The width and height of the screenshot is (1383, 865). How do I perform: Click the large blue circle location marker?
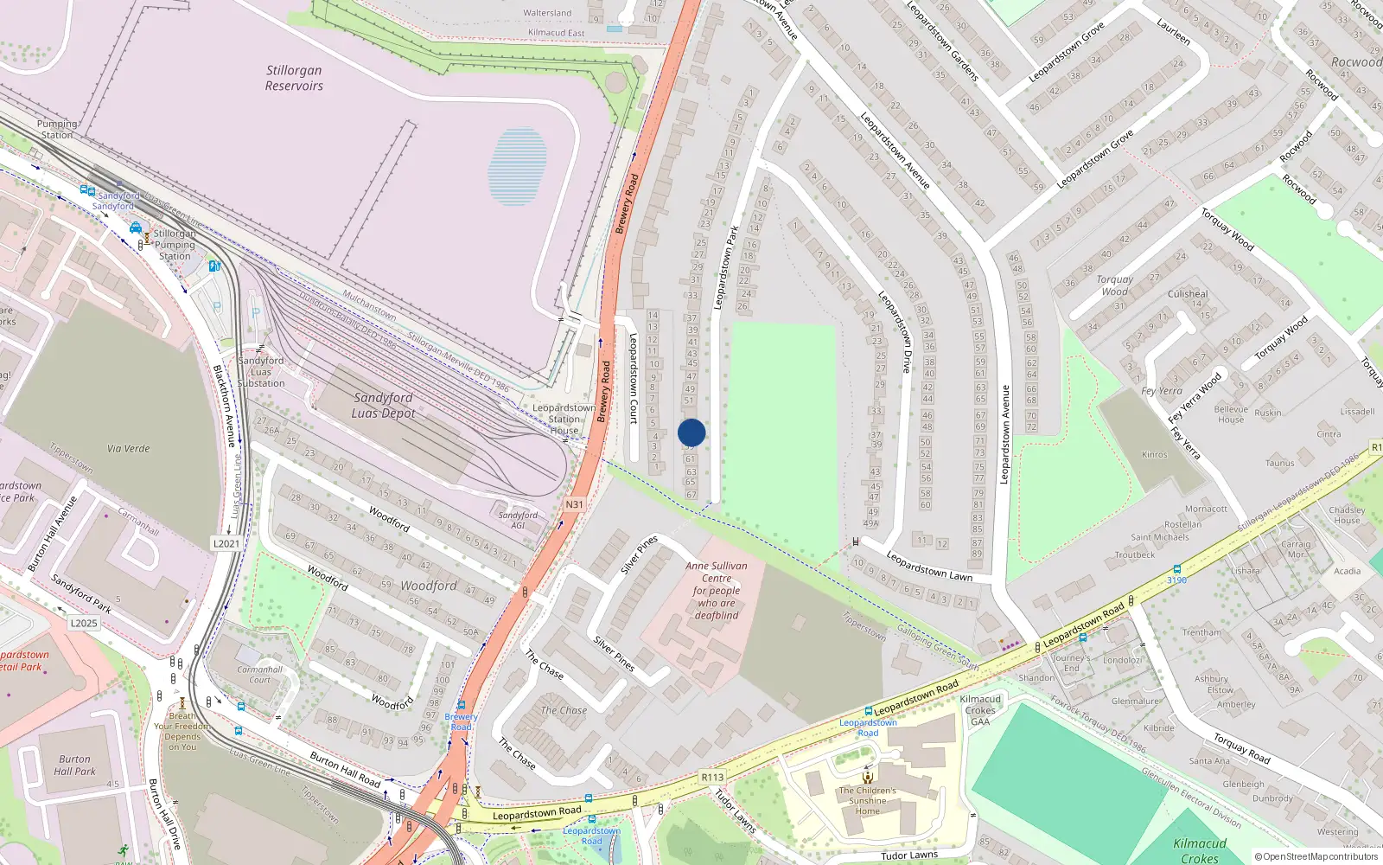(x=691, y=432)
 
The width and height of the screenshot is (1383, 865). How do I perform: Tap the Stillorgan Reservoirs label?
(x=294, y=78)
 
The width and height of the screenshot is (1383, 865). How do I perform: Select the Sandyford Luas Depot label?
(x=383, y=405)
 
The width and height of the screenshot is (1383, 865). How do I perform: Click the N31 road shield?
(x=575, y=504)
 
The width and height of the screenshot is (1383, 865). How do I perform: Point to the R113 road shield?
(x=712, y=777)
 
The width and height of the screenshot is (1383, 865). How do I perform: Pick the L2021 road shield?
(x=226, y=543)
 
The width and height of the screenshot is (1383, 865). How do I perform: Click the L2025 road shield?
(x=84, y=623)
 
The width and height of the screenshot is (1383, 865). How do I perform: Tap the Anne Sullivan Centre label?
(x=717, y=590)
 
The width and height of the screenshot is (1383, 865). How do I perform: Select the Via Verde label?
(x=129, y=448)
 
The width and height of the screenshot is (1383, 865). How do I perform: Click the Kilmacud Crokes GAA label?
(x=980, y=710)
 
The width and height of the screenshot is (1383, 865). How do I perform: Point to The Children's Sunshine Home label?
(x=867, y=800)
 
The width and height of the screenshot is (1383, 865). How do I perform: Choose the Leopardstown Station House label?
(x=564, y=419)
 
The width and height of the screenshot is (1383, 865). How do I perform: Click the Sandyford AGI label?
(x=518, y=520)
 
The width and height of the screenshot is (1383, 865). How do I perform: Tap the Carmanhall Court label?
(x=260, y=675)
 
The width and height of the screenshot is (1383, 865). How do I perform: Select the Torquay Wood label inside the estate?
(x=1114, y=285)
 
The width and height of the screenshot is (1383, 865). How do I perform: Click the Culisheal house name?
(x=1188, y=294)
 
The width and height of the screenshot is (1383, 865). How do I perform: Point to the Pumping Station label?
(x=57, y=130)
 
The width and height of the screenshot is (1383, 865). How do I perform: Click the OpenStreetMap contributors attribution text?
(x=1316, y=856)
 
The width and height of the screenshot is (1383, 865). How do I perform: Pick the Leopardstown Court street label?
(x=633, y=379)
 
